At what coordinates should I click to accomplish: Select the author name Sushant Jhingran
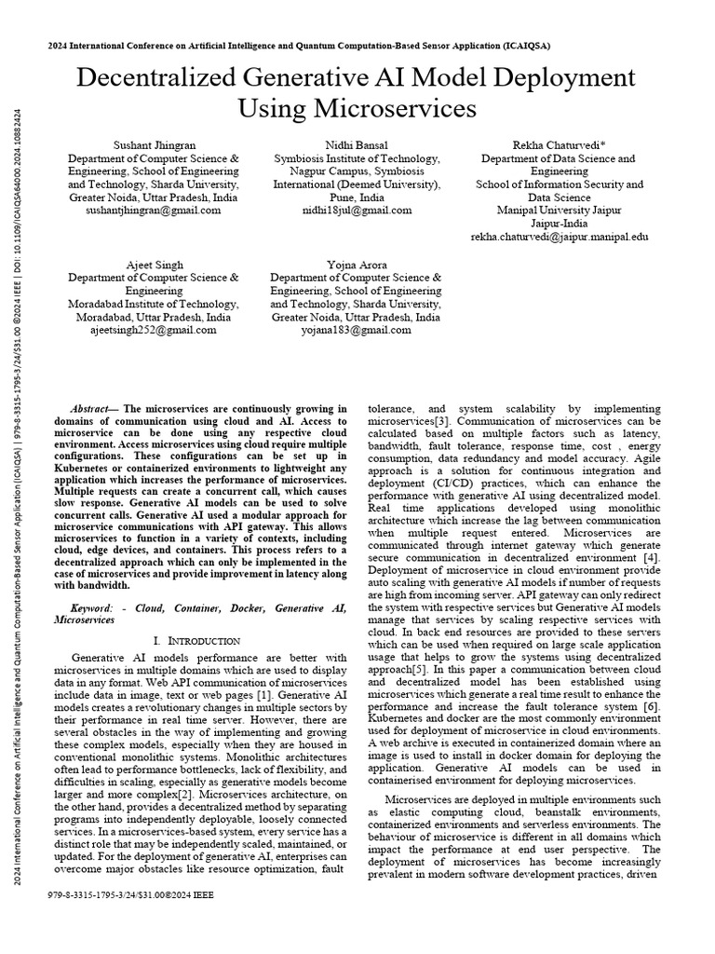154,146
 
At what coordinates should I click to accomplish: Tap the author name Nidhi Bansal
356,146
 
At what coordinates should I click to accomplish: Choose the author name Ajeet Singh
154,265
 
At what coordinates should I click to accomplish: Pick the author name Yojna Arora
356,265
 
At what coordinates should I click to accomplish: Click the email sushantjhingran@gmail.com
154,211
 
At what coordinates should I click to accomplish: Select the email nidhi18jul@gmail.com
356,211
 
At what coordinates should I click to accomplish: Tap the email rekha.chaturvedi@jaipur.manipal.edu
559,238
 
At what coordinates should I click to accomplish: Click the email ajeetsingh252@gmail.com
154,330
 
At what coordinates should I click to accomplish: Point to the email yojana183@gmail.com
356,330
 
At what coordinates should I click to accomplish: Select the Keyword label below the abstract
91,607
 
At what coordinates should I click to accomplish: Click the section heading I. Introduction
196,641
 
